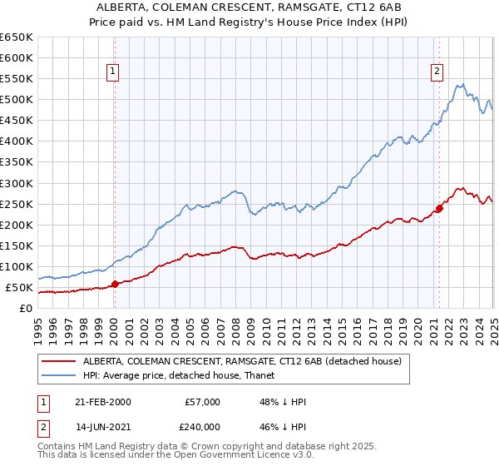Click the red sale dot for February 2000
click(115, 284)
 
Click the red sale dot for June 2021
click(438, 208)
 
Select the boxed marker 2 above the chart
click(437, 72)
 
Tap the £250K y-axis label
click(16, 204)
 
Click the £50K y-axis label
click(19, 288)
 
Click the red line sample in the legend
click(58, 361)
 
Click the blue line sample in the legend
click(58, 376)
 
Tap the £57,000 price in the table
click(201, 402)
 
